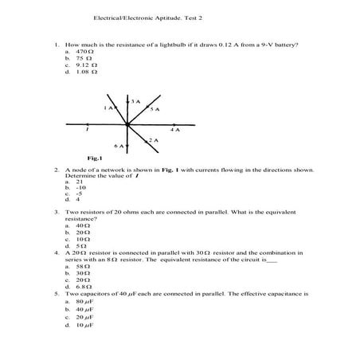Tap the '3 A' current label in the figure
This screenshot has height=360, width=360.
[x=136, y=101]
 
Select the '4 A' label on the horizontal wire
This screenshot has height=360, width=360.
[x=174, y=129]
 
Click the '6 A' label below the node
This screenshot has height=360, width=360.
[x=119, y=147]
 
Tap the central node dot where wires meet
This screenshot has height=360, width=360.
[x=127, y=124]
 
